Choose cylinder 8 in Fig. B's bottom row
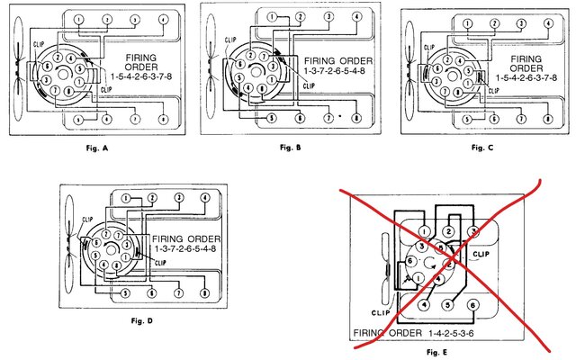[x=357, y=117]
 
